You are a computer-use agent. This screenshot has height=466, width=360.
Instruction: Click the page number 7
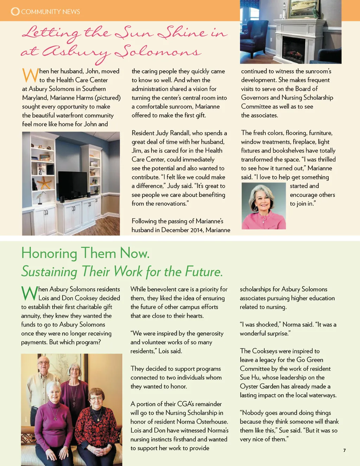pos(345,451)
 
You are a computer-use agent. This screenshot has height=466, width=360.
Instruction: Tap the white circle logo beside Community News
pos(15,11)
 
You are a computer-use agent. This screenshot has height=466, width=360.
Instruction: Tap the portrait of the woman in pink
pos(263,206)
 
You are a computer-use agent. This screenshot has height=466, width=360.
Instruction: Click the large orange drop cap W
pos(30,75)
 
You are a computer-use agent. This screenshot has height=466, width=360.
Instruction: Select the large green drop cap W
pos(29,293)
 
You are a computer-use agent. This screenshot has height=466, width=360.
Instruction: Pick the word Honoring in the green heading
pos(49,253)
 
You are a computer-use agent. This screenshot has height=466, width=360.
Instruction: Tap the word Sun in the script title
pos(134,33)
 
